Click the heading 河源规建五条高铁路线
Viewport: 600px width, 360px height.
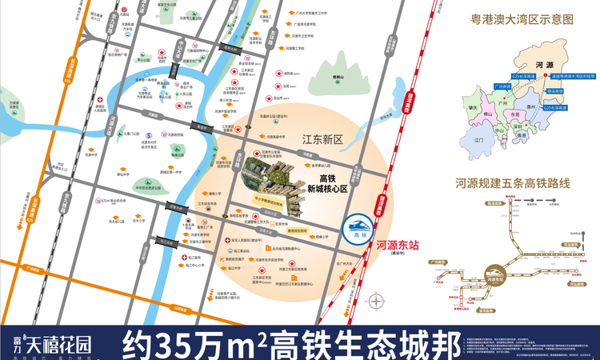click(513, 184)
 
